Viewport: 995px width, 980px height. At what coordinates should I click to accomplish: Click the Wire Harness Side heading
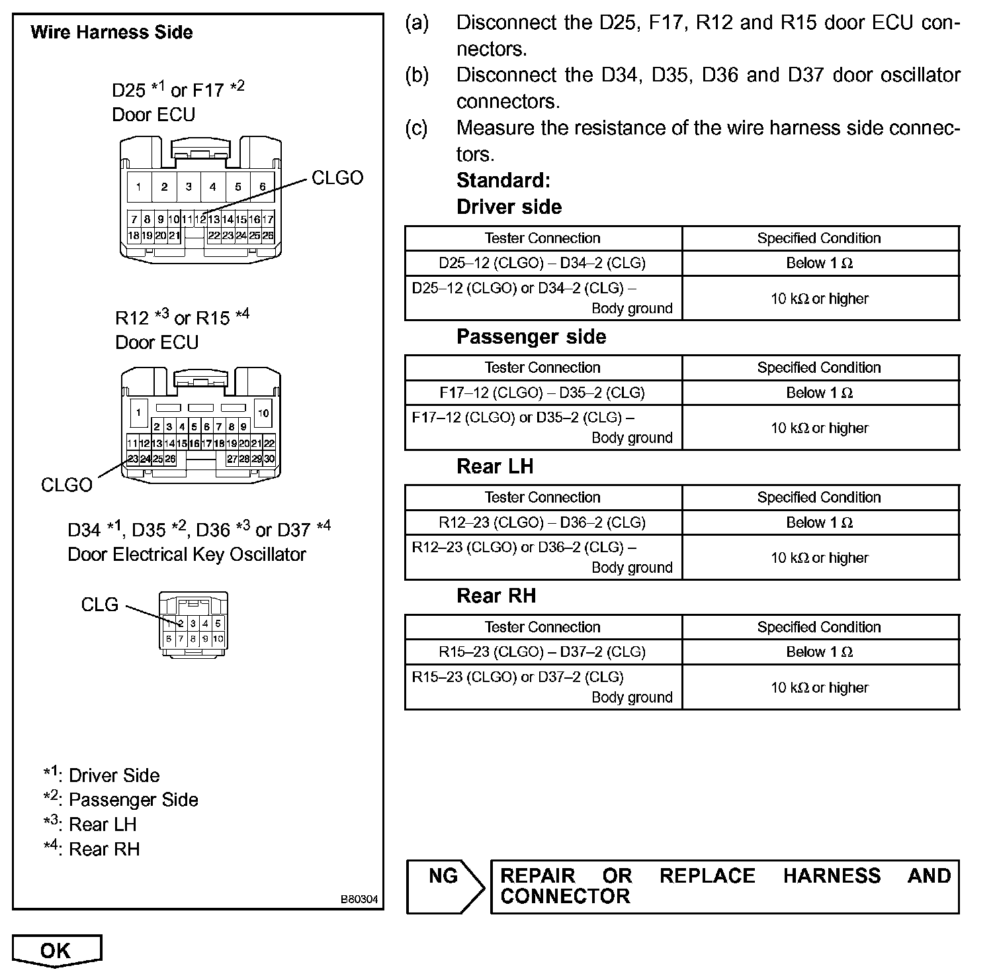pyautogui.click(x=111, y=32)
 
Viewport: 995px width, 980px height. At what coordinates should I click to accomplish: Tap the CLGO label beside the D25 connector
pyautogui.click(x=337, y=177)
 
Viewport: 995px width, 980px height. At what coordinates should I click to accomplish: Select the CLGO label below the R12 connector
pyautogui.click(x=67, y=485)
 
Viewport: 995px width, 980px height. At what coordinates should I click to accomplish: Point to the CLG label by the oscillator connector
pyautogui.click(x=100, y=604)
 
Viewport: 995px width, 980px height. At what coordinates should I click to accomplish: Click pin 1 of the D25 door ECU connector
pyautogui.click(x=139, y=187)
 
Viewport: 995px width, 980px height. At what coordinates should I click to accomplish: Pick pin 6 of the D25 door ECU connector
pyautogui.click(x=262, y=187)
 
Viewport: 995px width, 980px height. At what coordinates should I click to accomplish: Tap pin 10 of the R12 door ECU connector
pyautogui.click(x=263, y=413)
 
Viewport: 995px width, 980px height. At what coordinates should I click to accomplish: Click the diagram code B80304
pyautogui.click(x=359, y=899)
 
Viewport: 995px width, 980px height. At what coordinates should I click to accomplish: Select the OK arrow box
pyautogui.click(x=57, y=951)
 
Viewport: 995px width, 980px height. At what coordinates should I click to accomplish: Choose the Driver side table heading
pyautogui.click(x=509, y=207)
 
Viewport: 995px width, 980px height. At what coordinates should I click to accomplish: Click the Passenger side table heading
pyautogui.click(x=531, y=336)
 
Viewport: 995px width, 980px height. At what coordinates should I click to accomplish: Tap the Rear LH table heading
pyautogui.click(x=495, y=466)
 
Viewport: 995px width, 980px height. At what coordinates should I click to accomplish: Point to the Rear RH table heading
pyautogui.click(x=496, y=596)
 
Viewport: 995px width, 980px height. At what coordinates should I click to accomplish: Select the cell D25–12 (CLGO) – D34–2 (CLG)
pyautogui.click(x=542, y=263)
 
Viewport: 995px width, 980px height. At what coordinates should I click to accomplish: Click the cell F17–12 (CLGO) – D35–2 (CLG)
pyautogui.click(x=542, y=393)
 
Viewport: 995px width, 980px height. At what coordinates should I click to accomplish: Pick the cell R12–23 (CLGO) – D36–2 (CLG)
pyautogui.click(x=542, y=522)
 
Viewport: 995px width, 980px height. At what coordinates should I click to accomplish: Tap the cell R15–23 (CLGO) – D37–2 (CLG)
pyautogui.click(x=542, y=652)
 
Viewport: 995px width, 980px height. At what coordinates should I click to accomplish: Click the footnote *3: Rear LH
pyautogui.click(x=90, y=824)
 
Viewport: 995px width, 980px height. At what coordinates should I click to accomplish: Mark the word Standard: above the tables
pyautogui.click(x=503, y=180)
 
